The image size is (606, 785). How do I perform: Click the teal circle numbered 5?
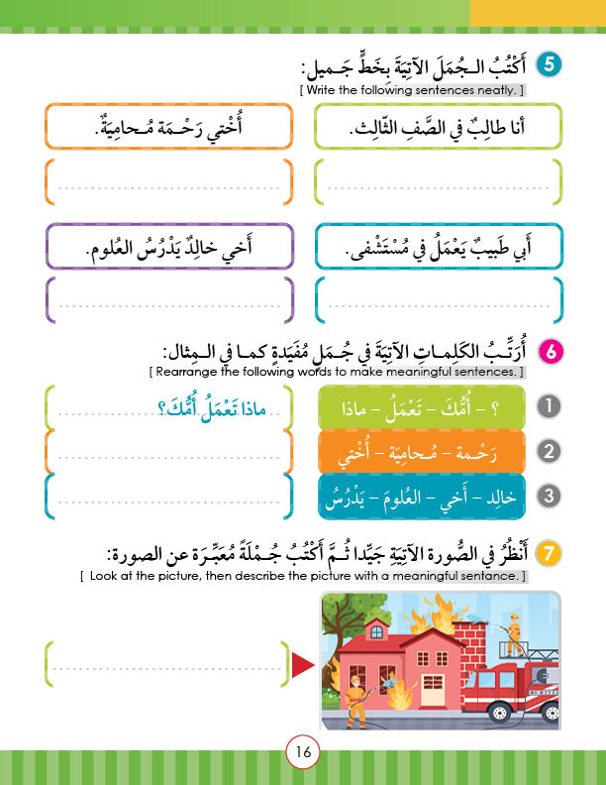pos(548,65)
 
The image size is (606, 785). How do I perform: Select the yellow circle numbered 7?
pos(548,552)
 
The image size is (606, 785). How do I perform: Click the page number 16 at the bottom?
pos(302,752)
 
